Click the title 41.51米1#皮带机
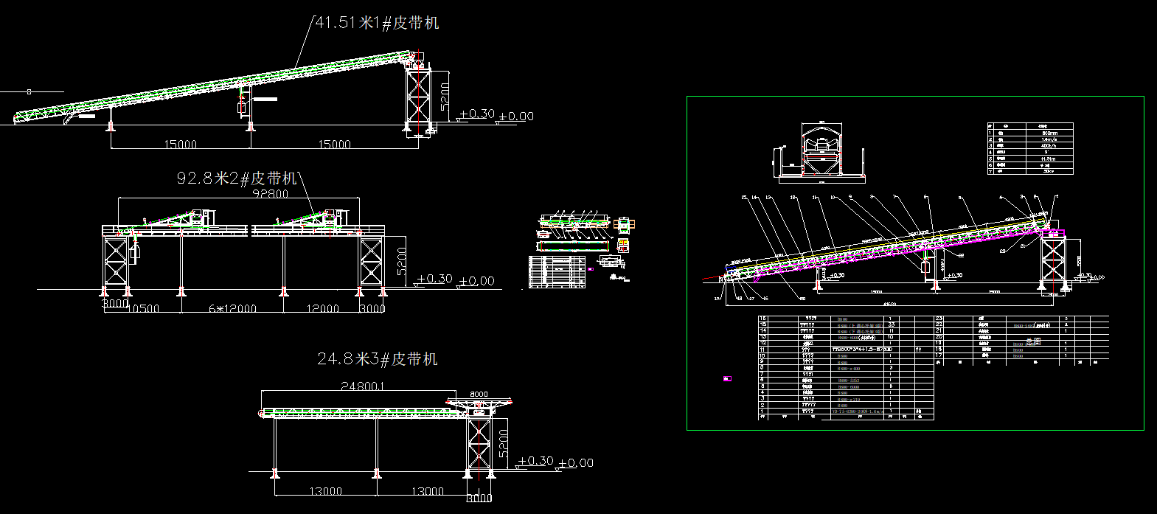(377, 23)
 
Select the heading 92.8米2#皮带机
(237, 178)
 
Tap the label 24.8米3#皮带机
(378, 359)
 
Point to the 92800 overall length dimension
(271, 193)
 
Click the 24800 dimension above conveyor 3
(364, 385)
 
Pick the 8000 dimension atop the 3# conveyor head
(479, 394)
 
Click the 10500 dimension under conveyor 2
(146, 309)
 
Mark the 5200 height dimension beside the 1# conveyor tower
(444, 96)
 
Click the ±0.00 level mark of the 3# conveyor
(576, 463)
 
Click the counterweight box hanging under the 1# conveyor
(241, 108)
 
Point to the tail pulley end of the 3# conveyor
(262, 415)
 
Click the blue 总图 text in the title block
(1032, 342)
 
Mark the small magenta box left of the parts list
(727, 379)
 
